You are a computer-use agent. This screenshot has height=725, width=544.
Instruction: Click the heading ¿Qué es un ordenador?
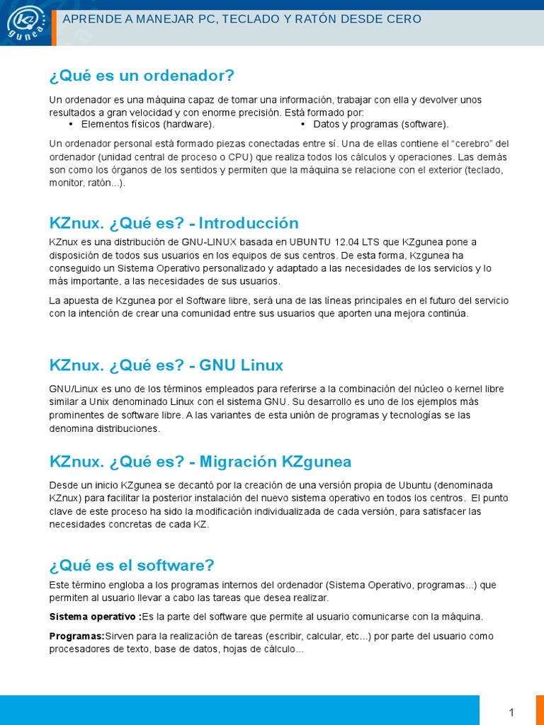click(x=142, y=76)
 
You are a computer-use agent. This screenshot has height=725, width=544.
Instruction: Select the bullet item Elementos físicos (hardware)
click(x=147, y=125)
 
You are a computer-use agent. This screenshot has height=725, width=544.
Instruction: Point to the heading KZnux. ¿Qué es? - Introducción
click(x=174, y=224)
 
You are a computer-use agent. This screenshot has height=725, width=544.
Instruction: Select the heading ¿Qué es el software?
click(x=132, y=566)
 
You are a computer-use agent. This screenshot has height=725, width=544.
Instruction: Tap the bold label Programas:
click(x=76, y=636)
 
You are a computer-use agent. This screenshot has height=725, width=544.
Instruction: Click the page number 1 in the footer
click(x=511, y=712)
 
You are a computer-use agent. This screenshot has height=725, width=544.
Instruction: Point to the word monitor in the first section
click(x=67, y=183)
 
